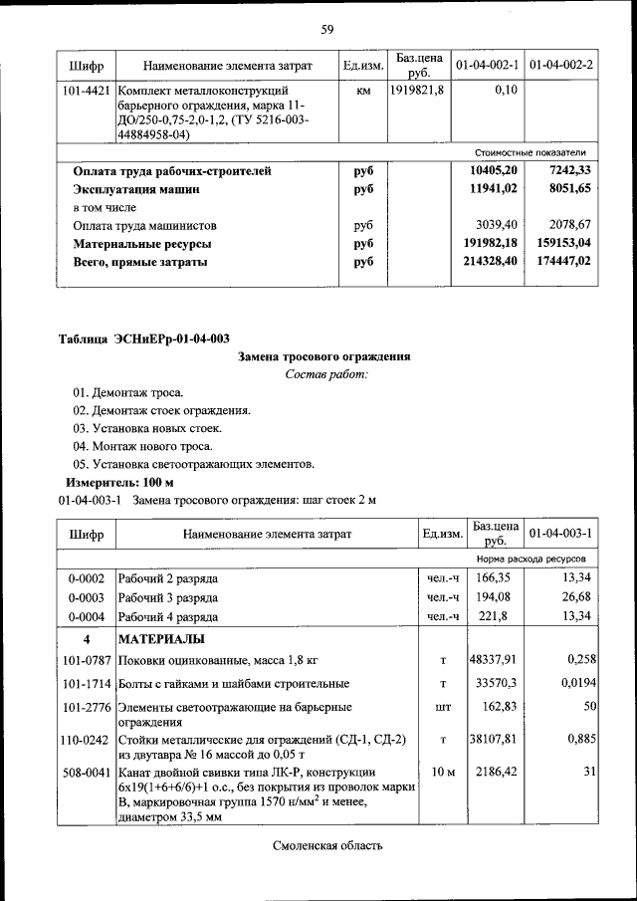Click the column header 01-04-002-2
click(x=561, y=66)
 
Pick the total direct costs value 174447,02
click(x=561, y=261)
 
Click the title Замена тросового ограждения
click(x=325, y=356)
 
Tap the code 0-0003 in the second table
click(x=86, y=596)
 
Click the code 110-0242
click(x=86, y=740)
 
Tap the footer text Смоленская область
click(x=326, y=846)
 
